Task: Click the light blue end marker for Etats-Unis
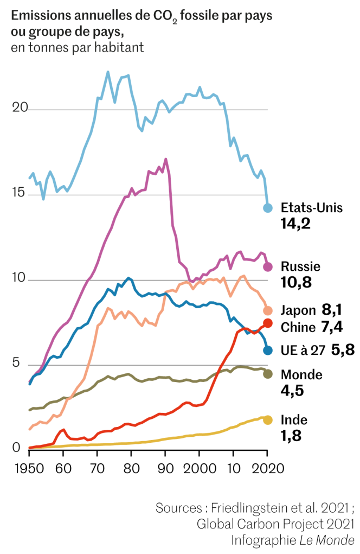coord(267,208)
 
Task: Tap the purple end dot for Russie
coord(267,266)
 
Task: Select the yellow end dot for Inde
coord(267,420)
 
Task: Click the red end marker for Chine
coord(267,323)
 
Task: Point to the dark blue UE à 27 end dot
coord(267,350)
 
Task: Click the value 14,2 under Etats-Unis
coord(295,223)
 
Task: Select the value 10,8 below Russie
coord(295,282)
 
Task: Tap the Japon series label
coord(298,310)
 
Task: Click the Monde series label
coord(301,374)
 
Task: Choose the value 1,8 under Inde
coord(291,435)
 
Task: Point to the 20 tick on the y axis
coord(20,108)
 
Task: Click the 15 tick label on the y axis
coord(20,193)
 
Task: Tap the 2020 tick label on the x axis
coord(267,468)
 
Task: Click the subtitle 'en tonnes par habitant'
coord(76,48)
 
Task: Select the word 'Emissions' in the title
coord(39,15)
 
